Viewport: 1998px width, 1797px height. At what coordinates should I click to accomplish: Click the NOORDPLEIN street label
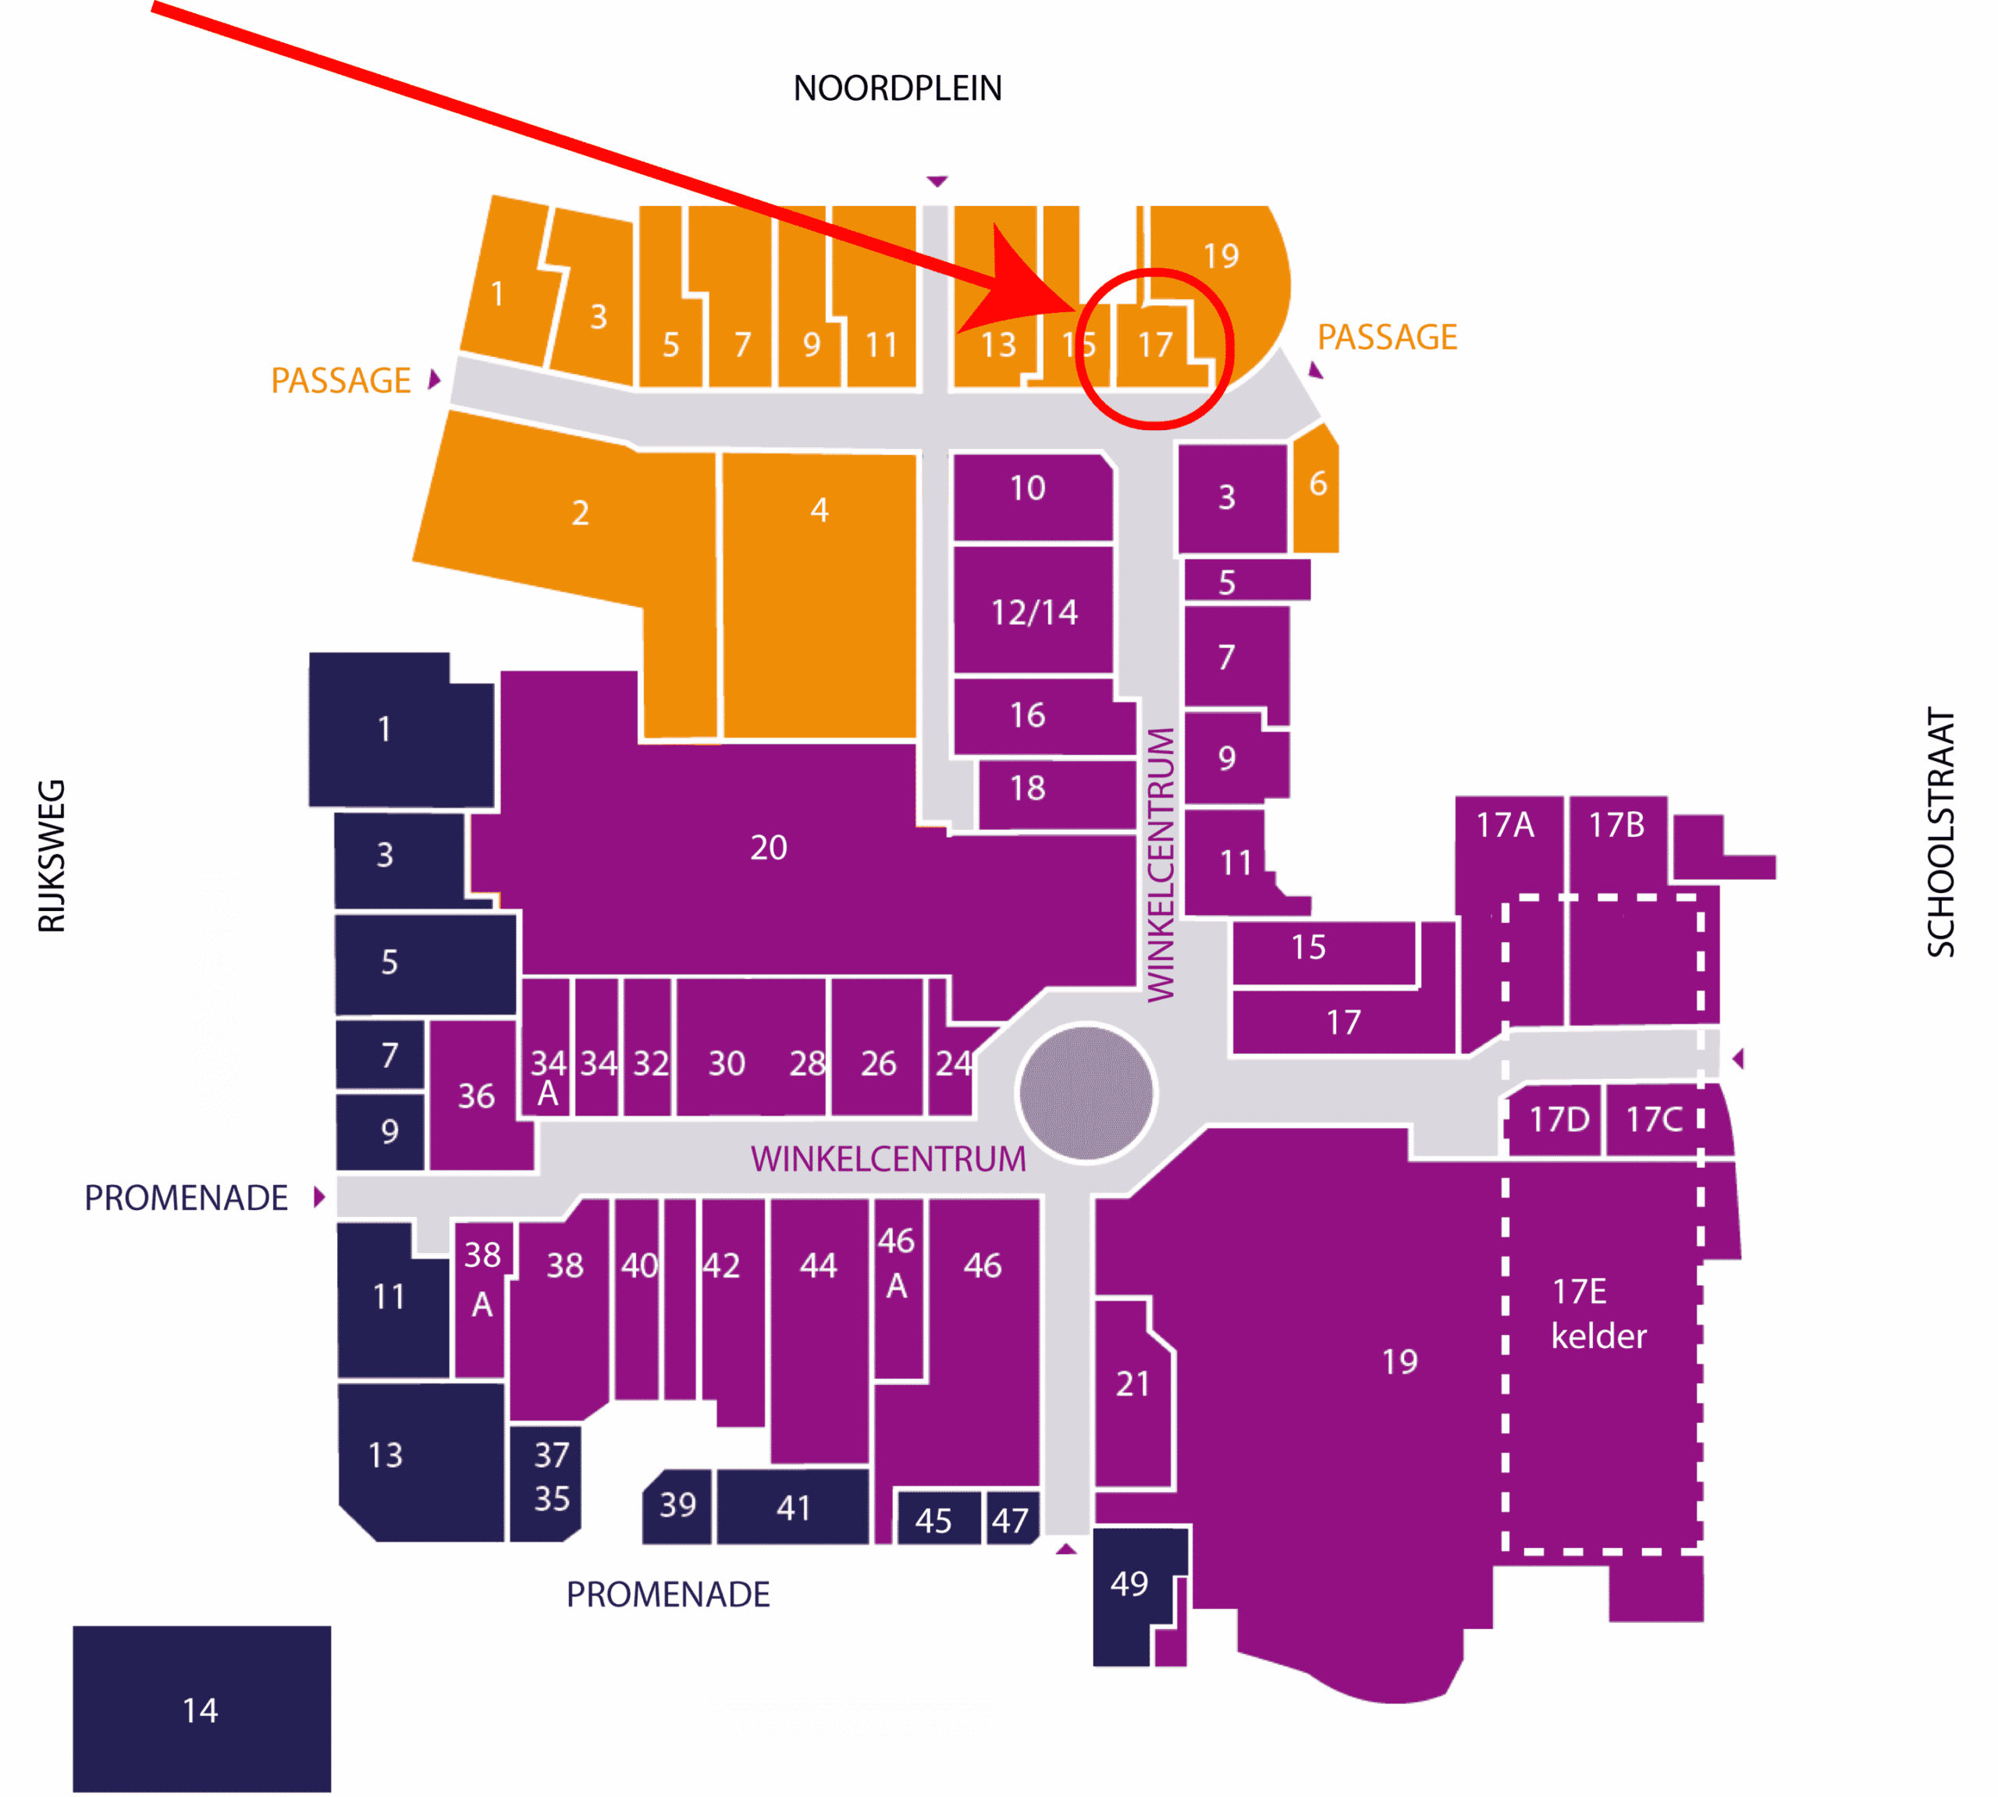(x=898, y=89)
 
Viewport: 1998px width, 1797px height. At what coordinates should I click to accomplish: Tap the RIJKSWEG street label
(x=52, y=856)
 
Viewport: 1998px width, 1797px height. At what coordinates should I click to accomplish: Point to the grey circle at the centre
(x=1086, y=1093)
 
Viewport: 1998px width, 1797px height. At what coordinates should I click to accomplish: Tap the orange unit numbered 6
(x=1316, y=488)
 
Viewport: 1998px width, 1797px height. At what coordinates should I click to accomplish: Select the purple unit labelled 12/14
(x=1033, y=611)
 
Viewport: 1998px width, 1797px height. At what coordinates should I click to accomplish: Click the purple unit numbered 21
(x=1133, y=1392)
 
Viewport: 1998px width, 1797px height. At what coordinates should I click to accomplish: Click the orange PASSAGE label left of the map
(x=340, y=381)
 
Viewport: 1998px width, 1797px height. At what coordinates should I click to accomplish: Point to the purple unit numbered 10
(x=1033, y=496)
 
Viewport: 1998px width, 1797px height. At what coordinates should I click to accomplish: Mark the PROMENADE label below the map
(x=667, y=1595)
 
